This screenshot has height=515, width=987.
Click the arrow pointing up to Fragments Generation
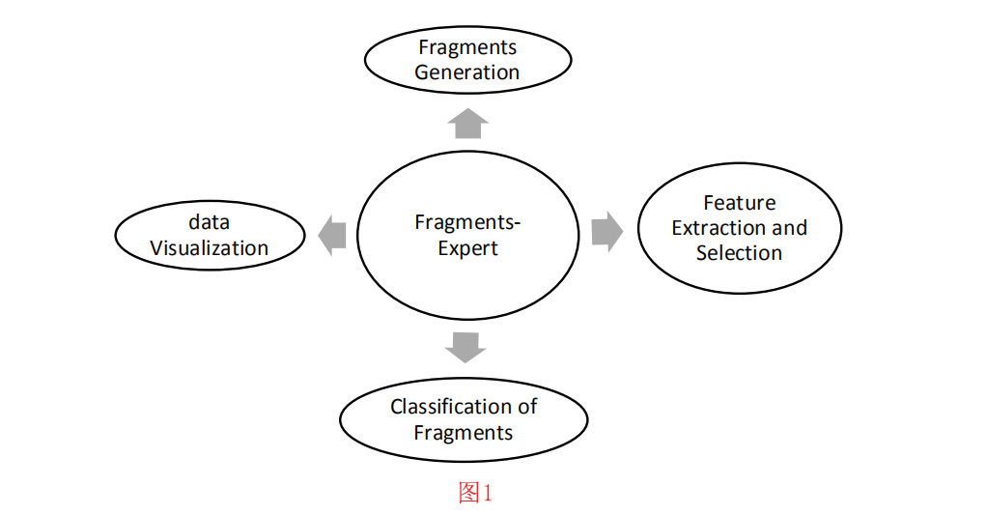pos(468,124)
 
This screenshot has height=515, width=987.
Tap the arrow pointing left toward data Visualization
pos(331,236)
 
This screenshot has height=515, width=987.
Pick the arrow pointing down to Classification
pos(466,347)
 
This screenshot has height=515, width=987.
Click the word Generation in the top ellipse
pos(467,72)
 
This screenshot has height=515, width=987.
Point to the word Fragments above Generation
pos(467,47)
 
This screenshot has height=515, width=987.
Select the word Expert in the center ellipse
pos(467,248)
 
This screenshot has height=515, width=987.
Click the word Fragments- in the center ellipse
pos(467,223)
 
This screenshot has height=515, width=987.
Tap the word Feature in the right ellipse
pos(739,203)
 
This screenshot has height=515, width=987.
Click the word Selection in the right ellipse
pos(739,253)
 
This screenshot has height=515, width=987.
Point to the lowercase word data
pos(209,222)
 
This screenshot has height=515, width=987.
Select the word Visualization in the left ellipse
pos(209,248)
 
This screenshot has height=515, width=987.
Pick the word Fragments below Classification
pos(464,432)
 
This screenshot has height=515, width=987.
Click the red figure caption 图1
pos(475,493)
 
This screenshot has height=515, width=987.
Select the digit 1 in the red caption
pos(488,494)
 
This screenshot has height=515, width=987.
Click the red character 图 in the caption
pos(468,493)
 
